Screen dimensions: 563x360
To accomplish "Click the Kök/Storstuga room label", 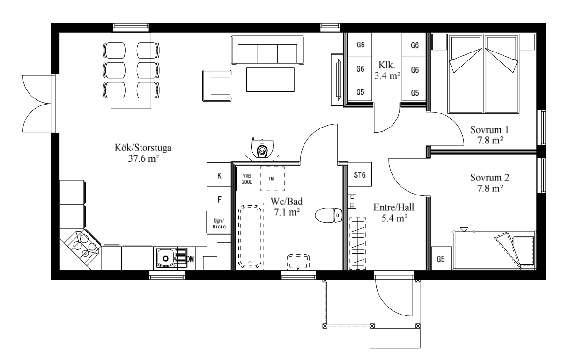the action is [143, 153].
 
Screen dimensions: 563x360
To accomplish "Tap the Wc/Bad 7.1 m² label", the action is [287, 207].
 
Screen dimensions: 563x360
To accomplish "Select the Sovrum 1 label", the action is [489, 135].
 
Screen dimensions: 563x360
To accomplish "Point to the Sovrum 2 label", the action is [489, 183].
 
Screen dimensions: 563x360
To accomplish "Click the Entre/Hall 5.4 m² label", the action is [393, 213].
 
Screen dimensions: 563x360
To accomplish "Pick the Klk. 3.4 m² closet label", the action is [387, 70].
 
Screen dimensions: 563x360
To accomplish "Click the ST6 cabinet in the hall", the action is [359, 174].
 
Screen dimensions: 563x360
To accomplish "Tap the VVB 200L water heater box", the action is [248, 179].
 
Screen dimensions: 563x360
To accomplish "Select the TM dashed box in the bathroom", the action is [272, 179].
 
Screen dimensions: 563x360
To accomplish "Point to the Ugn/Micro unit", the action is [219, 222].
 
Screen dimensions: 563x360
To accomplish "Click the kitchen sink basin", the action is [165, 258].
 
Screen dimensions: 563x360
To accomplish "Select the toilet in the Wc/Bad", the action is [328, 215].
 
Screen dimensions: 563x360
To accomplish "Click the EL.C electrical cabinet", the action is [352, 202].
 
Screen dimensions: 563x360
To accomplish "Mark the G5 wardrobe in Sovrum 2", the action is [441, 259].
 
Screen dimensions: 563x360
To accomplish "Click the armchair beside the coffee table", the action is [217, 86].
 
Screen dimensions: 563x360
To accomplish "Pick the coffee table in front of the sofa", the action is [270, 80].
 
